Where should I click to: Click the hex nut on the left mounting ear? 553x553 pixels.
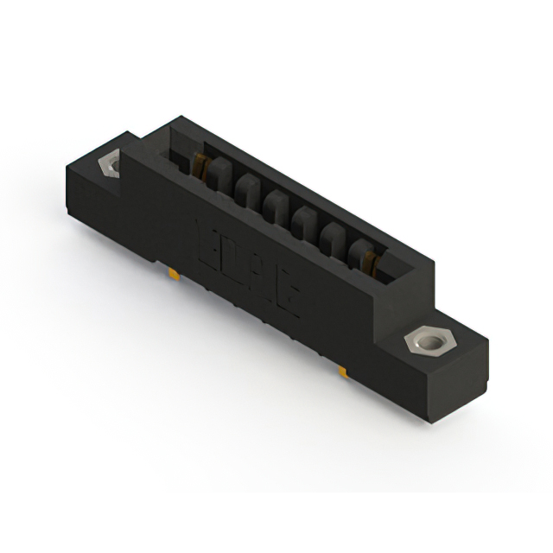click(x=111, y=163)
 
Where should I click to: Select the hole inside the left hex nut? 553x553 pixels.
click(x=112, y=163)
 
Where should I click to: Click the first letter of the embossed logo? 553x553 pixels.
click(x=210, y=237)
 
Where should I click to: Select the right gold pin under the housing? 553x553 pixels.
click(x=342, y=372)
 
